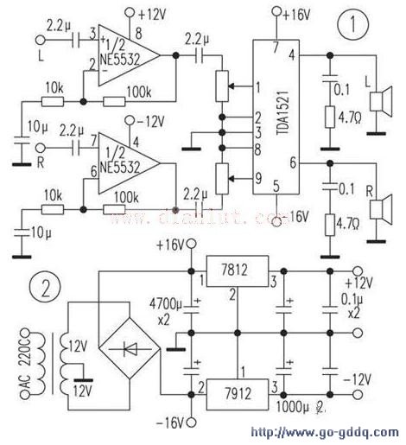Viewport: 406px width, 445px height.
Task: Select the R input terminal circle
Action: pyautogui.click(x=39, y=147)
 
